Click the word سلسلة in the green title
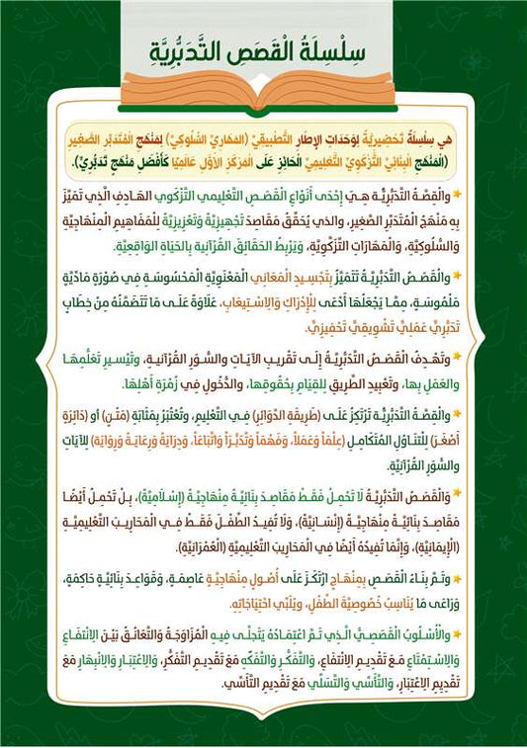point(341,47)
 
